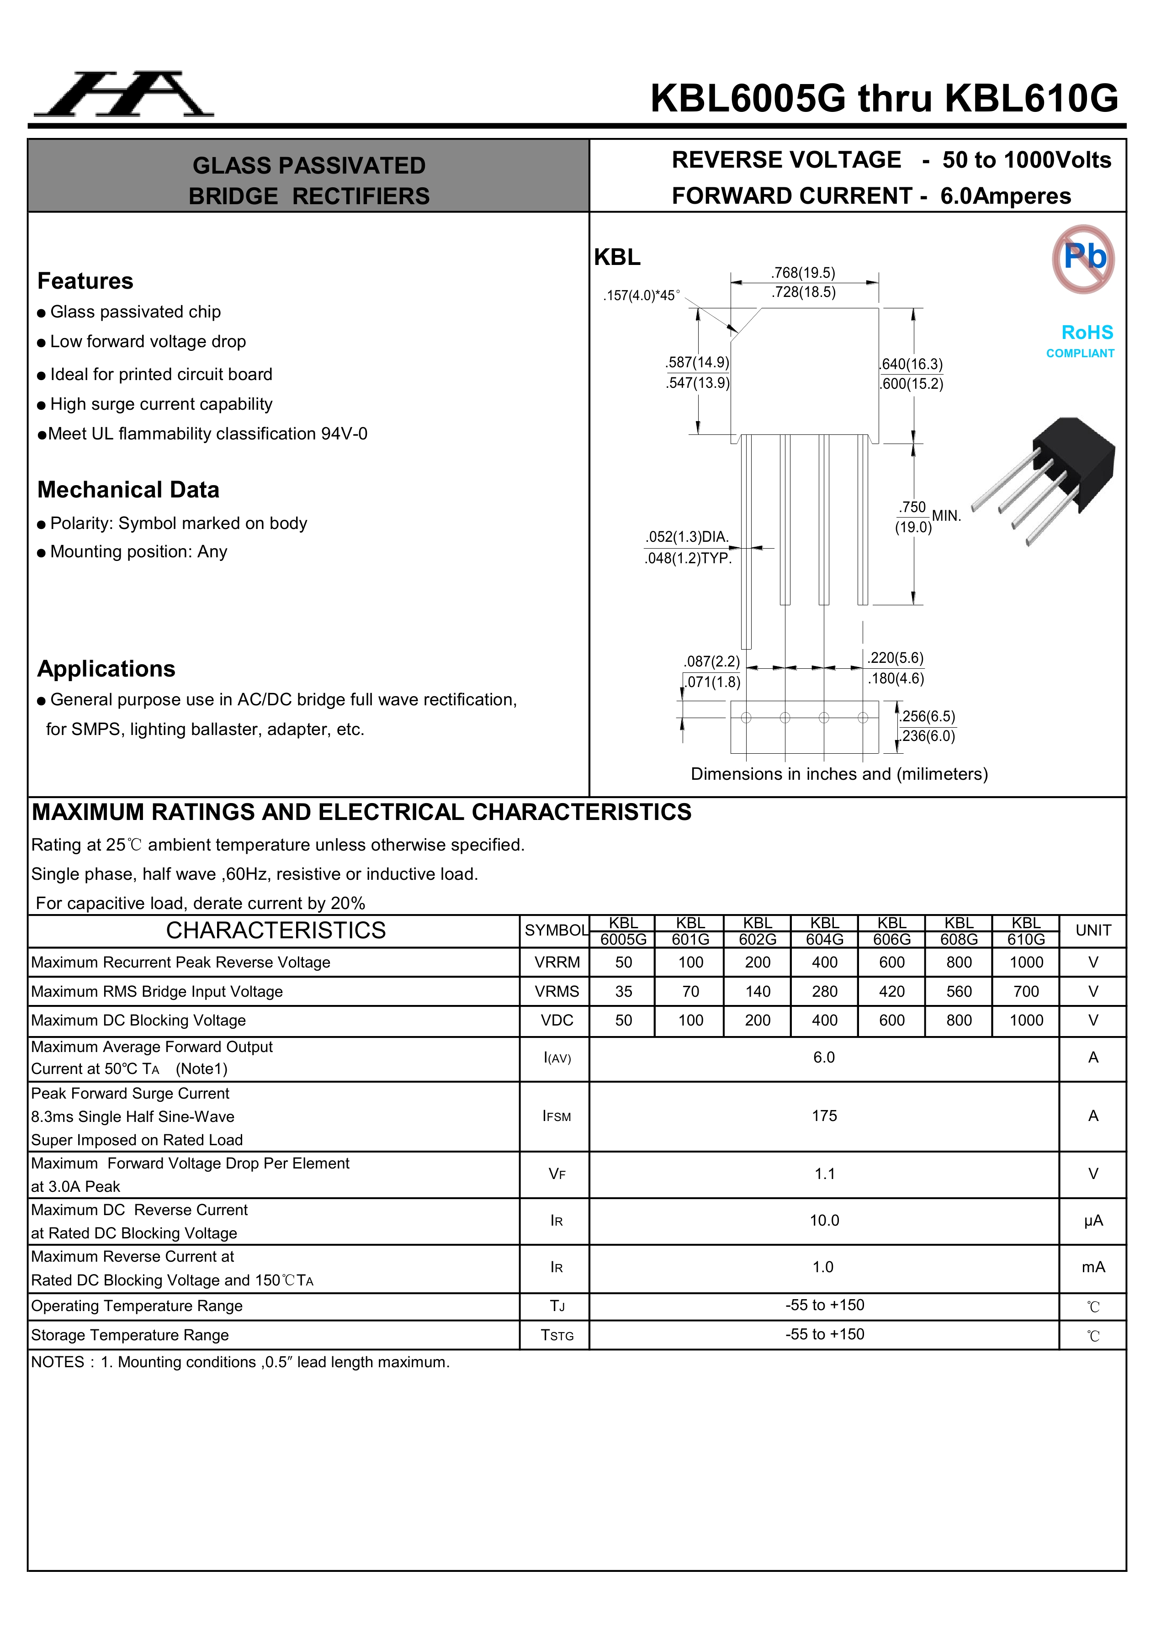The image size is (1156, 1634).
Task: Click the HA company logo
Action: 124,95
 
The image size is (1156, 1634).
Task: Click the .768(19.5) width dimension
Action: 803,273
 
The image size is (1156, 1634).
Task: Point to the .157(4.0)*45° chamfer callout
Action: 642,296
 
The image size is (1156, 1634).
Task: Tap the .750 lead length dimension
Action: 912,508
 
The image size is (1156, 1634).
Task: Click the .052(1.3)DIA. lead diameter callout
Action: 687,537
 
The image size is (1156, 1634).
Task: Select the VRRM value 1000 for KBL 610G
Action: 1026,962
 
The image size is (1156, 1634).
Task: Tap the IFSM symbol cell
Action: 556,1116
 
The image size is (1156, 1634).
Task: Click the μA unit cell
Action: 1092,1221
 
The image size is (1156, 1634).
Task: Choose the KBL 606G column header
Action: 891,931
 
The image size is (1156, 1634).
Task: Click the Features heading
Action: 85,281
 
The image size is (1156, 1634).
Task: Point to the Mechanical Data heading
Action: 128,490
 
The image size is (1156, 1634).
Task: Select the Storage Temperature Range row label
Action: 130,1335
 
